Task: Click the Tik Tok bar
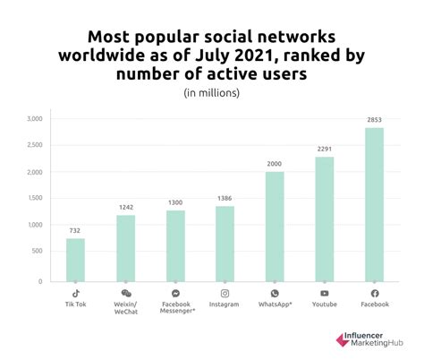(75, 260)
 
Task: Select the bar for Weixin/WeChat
(125, 248)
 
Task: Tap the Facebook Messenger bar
(174, 246)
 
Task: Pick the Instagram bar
(225, 244)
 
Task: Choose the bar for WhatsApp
(275, 227)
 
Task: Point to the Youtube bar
(324, 219)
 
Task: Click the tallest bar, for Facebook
(374, 204)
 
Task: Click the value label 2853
(374, 119)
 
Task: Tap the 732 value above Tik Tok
(75, 230)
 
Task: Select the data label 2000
(275, 164)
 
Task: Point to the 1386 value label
(225, 198)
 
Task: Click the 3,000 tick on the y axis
(35, 118)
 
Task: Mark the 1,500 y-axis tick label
(35, 200)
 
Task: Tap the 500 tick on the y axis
(38, 254)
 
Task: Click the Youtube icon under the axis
(324, 293)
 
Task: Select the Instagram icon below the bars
(225, 293)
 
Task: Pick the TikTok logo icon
(75, 293)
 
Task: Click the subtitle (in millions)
(212, 92)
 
